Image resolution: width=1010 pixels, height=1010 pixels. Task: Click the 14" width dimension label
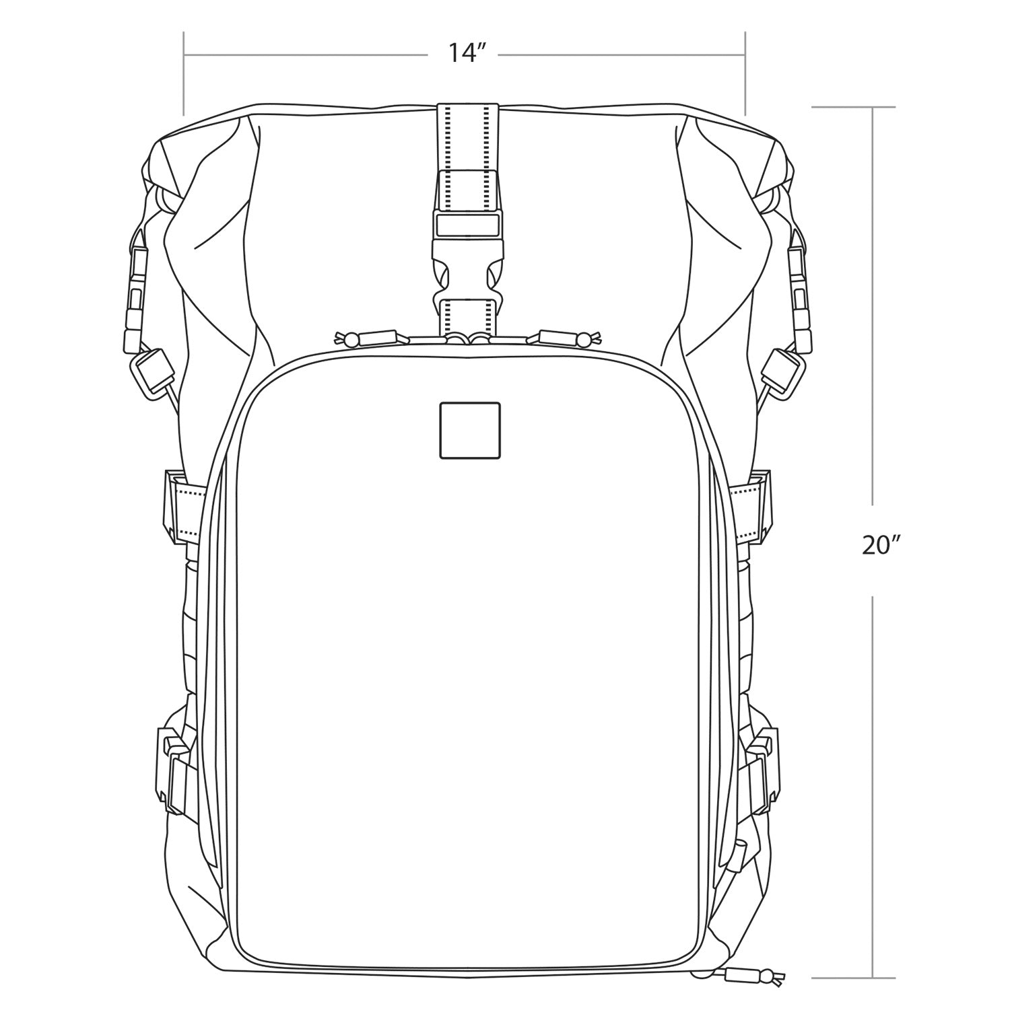[464, 52]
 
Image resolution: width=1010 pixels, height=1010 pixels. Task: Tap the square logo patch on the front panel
[469, 431]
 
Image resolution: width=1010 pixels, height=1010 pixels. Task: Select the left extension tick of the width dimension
[184, 74]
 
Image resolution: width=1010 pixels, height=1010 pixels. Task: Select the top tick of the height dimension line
[854, 107]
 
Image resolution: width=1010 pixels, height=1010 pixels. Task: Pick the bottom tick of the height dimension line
[854, 977]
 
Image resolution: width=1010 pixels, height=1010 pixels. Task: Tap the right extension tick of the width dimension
[745, 74]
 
